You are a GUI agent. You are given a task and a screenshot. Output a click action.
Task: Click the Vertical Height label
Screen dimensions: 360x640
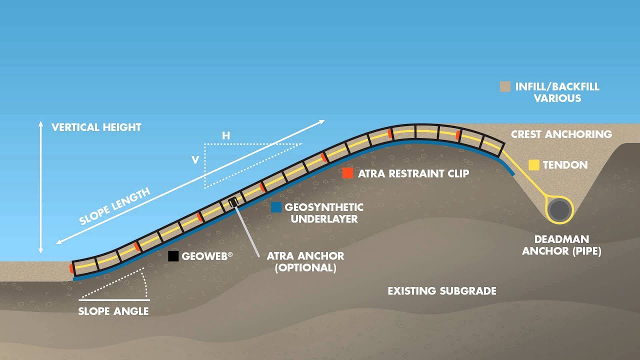96,127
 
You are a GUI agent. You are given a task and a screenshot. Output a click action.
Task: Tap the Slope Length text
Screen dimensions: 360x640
115,206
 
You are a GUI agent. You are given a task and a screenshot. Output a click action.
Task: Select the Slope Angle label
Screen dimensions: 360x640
113,311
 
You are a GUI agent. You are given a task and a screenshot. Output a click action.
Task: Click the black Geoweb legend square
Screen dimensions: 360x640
173,256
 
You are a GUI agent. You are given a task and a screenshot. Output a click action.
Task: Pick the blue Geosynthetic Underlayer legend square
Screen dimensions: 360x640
276,207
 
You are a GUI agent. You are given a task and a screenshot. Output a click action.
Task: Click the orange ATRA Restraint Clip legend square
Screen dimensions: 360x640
348,173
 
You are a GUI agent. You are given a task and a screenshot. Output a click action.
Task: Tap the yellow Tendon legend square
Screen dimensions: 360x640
534,165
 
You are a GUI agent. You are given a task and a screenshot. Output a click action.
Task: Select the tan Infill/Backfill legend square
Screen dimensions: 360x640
505,86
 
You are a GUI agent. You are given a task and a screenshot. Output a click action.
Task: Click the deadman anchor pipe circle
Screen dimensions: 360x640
559,210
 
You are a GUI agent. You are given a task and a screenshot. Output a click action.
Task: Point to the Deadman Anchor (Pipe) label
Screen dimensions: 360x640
561,245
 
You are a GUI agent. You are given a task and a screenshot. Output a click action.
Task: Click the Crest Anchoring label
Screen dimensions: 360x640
561,134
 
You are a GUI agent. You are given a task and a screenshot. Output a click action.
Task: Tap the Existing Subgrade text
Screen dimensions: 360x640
442,291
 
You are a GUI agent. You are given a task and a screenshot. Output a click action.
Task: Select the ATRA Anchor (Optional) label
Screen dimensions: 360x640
305,261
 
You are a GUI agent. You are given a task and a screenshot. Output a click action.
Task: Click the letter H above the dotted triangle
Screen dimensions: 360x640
226,135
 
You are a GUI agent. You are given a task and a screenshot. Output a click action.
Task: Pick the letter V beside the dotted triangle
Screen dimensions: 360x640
195,160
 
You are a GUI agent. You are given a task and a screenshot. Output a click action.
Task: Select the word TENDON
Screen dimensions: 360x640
565,165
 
